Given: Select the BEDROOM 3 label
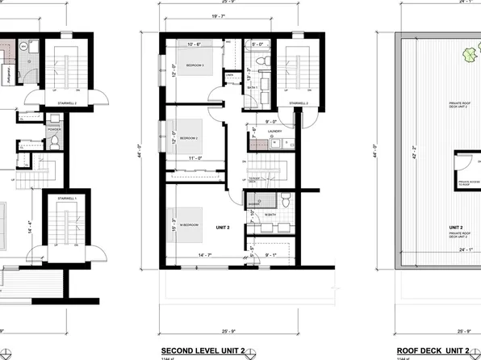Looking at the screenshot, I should pyautogui.click(x=194, y=65).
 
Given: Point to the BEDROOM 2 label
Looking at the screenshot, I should pyautogui.click(x=190, y=138).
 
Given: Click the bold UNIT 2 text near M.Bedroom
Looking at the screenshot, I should pyautogui.click(x=223, y=228).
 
